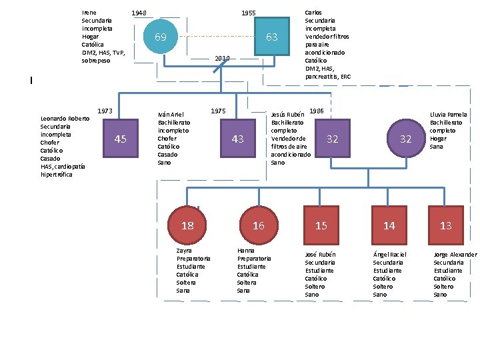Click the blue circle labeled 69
(x=161, y=37)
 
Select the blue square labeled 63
(x=272, y=37)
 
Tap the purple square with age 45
(x=121, y=139)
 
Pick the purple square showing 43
(x=237, y=139)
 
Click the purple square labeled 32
(x=332, y=139)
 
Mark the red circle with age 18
(x=188, y=225)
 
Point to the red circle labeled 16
(x=258, y=225)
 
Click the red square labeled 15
(x=321, y=225)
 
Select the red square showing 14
(x=389, y=225)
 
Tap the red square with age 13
(x=446, y=225)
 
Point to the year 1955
(x=248, y=13)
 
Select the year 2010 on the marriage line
(x=222, y=59)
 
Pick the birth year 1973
(x=105, y=111)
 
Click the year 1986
(x=317, y=111)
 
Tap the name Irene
(x=89, y=13)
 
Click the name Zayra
(x=184, y=251)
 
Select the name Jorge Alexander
(x=455, y=255)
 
